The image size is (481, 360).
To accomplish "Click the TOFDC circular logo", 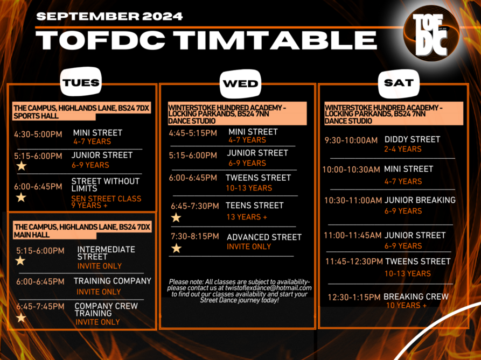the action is coord(431,34).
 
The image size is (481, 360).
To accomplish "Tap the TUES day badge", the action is coord(81,82).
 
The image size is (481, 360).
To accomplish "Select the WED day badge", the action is coord(240,83).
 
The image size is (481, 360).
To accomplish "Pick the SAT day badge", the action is coord(399,83).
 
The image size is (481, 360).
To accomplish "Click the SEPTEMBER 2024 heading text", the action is coord(109,16).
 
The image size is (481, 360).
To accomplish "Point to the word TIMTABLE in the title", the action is coord(275,40).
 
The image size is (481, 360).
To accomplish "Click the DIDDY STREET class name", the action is coord(412,139).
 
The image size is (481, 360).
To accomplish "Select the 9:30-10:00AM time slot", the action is coord(351,140).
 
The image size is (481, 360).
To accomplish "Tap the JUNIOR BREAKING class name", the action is coord(420,200).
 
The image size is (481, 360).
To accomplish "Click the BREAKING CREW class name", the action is coord(416,297).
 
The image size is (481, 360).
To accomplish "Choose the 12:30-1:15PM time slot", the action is coord(354,297).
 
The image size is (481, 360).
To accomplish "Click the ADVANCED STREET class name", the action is coord(264,237).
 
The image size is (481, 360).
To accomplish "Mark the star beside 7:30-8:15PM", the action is coord(176,248).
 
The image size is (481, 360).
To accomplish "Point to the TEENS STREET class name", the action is coord(255,205).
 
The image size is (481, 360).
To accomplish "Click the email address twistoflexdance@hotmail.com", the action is coord(268,288).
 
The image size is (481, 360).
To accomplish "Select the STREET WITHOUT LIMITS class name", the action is coord(105,185).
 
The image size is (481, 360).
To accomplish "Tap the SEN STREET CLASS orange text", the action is coord(106,199).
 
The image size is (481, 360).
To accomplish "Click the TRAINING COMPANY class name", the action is coord(112,281).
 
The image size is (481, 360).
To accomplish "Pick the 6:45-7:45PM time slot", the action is coord(40,306).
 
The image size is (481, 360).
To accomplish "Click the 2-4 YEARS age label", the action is coord(403,149).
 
